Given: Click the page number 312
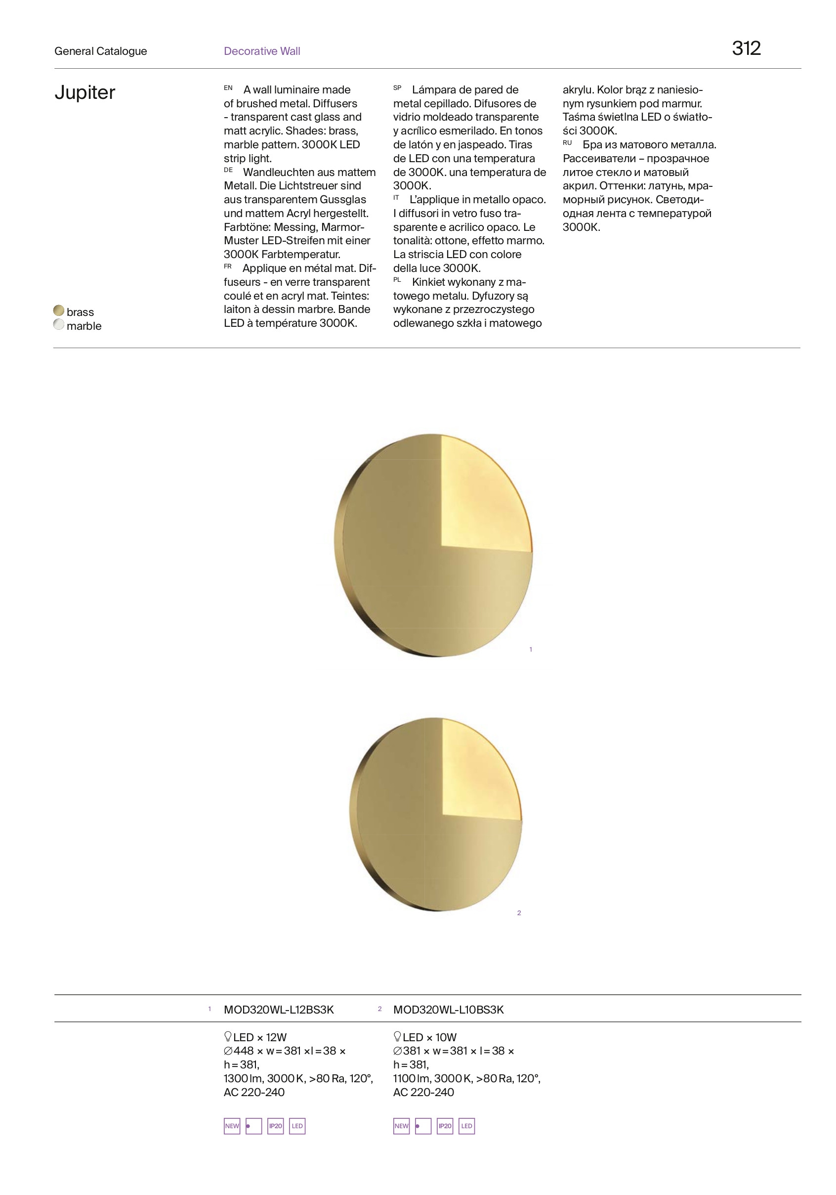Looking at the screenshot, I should point(746,48).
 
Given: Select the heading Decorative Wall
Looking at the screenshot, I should point(262,51).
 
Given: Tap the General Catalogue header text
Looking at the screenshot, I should point(100,51).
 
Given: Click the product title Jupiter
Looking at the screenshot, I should point(85,92).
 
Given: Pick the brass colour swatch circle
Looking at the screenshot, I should point(59,310).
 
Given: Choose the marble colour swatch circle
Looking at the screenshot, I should point(59,325).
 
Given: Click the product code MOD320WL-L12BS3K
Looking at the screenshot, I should point(279,1010).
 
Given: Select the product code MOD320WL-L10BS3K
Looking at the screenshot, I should point(449,1010).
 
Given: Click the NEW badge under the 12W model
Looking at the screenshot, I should point(232,1126).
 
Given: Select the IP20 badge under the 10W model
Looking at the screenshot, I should point(445,1126).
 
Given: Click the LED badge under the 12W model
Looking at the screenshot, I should point(297,1126).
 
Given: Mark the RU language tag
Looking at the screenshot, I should point(567,142).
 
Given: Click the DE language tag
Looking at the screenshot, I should point(228,170).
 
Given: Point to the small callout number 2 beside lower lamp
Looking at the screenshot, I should point(519,913).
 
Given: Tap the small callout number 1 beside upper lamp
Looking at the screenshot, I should point(531,649).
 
